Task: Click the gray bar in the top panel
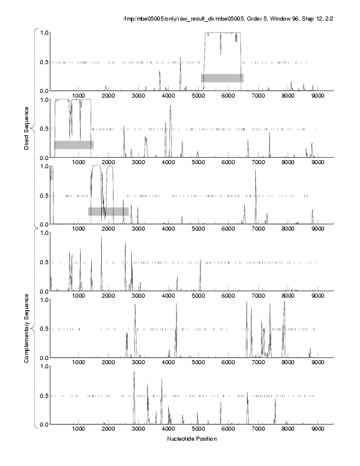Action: click(222, 78)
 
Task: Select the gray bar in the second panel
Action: click(74, 145)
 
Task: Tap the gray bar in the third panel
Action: click(108, 211)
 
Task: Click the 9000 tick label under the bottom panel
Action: click(318, 430)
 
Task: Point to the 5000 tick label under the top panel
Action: click(198, 96)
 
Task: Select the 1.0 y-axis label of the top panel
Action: click(44, 32)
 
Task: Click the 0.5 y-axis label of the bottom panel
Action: click(44, 395)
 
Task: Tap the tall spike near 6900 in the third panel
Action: click(255, 172)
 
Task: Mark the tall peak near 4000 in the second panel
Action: click(171, 108)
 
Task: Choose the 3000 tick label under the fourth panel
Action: click(138, 297)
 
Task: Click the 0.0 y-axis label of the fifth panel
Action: click(44, 358)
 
